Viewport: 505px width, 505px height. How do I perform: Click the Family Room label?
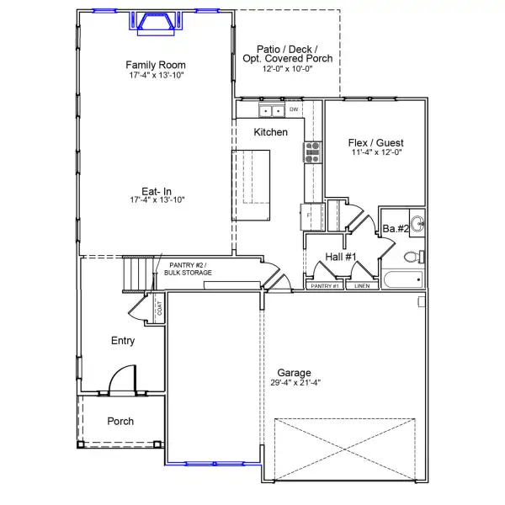coord(156,65)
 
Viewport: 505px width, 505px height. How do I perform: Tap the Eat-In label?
coord(156,189)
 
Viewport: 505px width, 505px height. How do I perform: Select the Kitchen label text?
coord(271,132)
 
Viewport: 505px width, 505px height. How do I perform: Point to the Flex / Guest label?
coord(376,142)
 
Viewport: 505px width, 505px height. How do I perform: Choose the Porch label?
coord(120,422)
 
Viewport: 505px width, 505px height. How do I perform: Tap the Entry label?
coord(123,341)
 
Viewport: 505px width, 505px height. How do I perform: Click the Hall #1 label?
coord(342,257)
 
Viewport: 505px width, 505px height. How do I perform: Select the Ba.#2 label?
coord(396,229)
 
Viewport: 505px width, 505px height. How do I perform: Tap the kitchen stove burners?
coord(311,151)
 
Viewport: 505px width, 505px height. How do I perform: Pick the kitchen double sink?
coord(272,110)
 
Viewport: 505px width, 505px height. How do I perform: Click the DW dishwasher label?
coord(295,109)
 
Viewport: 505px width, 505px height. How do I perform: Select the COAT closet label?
coord(159,309)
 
